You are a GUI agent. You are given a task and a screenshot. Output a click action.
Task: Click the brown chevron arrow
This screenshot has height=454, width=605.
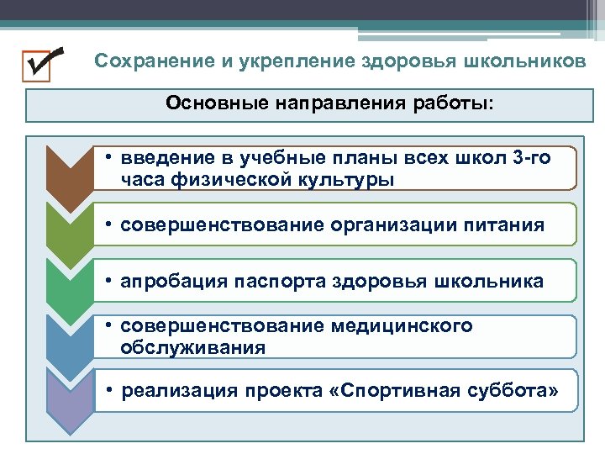coord(69,172)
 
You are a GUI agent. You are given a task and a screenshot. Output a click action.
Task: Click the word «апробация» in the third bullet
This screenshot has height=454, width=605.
coord(168,281)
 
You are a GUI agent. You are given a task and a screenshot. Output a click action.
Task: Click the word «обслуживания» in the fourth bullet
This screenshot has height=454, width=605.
coord(193,346)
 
